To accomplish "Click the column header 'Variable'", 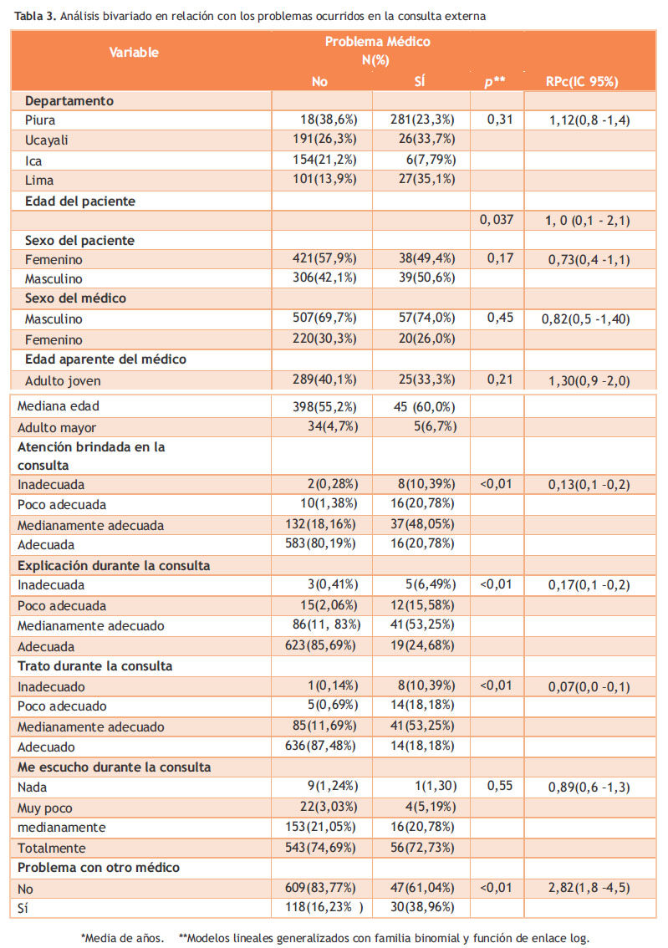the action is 134,53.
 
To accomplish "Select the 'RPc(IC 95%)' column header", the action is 582,82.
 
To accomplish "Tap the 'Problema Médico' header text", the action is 378,42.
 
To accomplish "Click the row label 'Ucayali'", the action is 47,140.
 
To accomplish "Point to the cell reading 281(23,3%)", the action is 422,120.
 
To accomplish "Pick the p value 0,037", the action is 497,220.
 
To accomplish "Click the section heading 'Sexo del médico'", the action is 75,298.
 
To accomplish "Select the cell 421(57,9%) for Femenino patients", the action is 324,259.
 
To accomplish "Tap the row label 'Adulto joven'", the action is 63,381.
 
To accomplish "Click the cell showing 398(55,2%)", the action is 324,407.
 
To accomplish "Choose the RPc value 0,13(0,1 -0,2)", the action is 589,485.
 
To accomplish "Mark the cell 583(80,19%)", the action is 320,543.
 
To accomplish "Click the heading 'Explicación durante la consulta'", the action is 114,566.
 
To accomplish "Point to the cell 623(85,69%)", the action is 320,645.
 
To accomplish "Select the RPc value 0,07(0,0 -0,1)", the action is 589,687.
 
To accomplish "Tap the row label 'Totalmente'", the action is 51,849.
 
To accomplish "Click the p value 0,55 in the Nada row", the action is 500,786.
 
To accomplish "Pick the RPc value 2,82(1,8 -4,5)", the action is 589,888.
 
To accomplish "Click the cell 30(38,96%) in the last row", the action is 422,908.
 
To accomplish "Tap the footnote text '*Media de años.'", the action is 123,938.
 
